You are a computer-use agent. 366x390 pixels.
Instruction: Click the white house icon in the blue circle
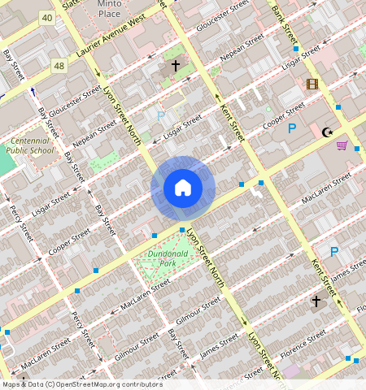[183, 188]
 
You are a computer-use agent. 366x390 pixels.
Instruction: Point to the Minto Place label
[109, 8]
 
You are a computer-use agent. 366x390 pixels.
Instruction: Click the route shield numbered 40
[46, 17]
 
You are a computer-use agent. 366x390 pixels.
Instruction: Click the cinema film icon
[312, 84]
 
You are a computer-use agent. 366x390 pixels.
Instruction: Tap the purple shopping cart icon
[342, 145]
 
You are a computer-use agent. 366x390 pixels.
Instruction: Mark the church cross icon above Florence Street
[316, 301]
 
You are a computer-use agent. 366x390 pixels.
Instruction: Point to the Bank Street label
[281, 19]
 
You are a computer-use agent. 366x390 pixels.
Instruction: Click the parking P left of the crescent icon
[291, 128]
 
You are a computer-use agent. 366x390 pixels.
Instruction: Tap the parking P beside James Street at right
[333, 252]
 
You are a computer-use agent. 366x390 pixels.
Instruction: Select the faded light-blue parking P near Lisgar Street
[161, 116]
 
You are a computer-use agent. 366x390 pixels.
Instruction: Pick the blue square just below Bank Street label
[295, 50]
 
